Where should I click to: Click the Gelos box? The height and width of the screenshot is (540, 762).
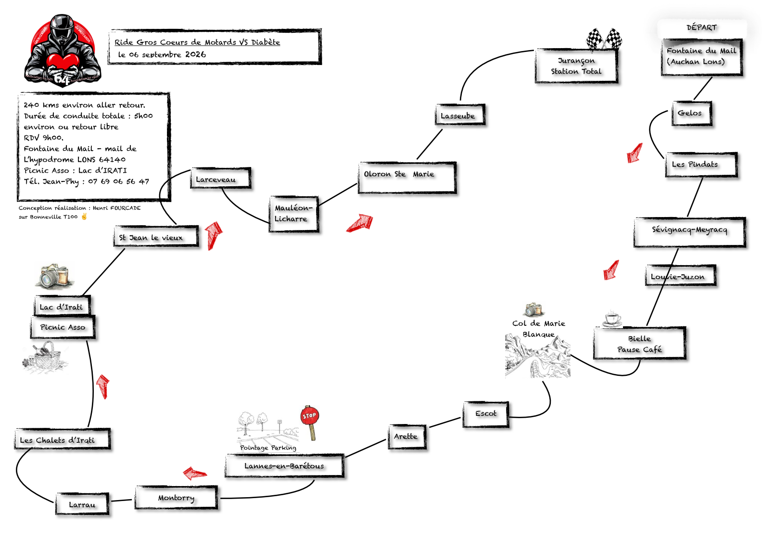pyautogui.click(x=692, y=113)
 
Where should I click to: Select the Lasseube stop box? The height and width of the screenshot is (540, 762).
pyautogui.click(x=460, y=115)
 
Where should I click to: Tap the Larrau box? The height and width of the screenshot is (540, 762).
pyautogui.click(x=82, y=504)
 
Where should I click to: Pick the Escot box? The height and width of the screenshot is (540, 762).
pyautogui.click(x=486, y=414)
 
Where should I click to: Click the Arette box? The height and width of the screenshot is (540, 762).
pyautogui.click(x=407, y=437)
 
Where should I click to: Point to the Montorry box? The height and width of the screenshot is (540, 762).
pyautogui.click(x=176, y=498)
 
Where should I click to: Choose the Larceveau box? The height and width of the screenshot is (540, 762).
pyautogui.click(x=221, y=178)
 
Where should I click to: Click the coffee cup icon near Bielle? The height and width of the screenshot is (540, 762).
pyautogui.click(x=612, y=319)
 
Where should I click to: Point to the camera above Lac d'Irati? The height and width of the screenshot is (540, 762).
pyautogui.click(x=55, y=275)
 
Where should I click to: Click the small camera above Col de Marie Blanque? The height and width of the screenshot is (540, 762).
pyautogui.click(x=533, y=309)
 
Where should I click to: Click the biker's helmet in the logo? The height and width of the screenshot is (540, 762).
pyautogui.click(x=62, y=27)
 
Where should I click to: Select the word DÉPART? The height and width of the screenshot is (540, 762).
pyautogui.click(x=701, y=27)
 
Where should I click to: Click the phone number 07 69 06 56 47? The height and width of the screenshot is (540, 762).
pyautogui.click(x=118, y=181)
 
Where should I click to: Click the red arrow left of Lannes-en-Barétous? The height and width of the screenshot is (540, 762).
pyautogui.click(x=194, y=473)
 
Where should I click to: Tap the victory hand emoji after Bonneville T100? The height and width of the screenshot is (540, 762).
pyautogui.click(x=84, y=217)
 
